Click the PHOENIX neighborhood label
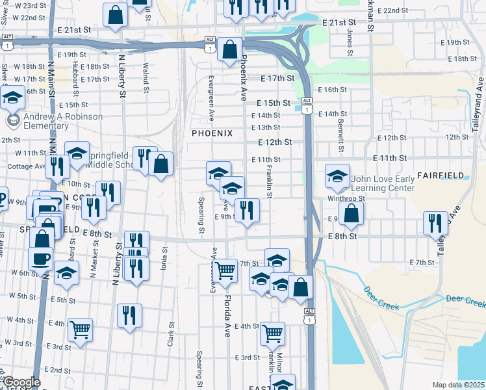[x=211, y=133]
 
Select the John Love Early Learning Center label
[x=382, y=184]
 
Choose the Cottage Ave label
[x=26, y=166]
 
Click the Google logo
[x=21, y=382]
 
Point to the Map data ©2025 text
[x=457, y=385]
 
